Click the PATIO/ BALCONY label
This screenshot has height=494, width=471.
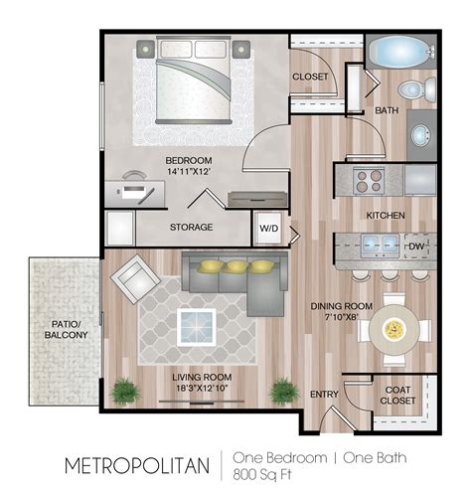64,329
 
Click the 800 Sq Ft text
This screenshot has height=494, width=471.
264,473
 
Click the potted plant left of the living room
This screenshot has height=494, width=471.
125,390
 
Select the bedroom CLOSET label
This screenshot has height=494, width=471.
311,77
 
